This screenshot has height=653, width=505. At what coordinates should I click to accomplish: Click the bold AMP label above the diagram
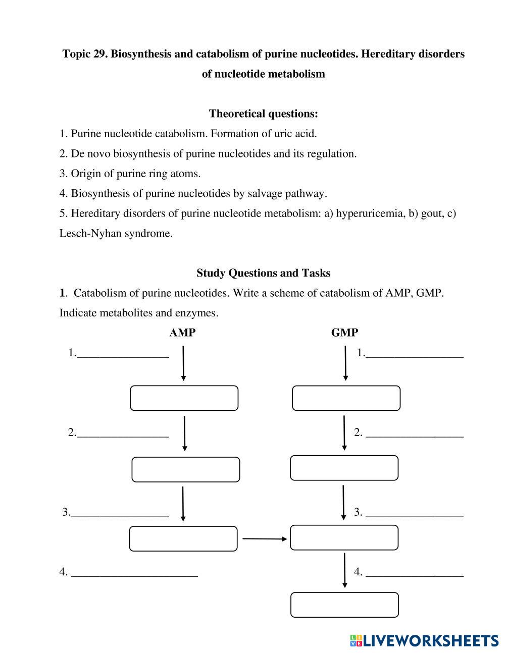pyautogui.click(x=182, y=333)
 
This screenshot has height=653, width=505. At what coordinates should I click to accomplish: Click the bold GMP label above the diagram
pyautogui.click(x=344, y=333)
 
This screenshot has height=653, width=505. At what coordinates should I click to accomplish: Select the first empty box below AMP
pyautogui.click(x=184, y=398)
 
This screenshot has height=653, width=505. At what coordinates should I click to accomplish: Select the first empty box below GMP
pyautogui.click(x=346, y=398)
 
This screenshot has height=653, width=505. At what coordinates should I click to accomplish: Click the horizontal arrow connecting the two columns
pyautogui.click(x=264, y=539)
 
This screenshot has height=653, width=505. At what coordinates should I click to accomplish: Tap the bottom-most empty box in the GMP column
pyautogui.click(x=344, y=605)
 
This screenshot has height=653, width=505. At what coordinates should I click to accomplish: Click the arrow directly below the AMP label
pyautogui.click(x=183, y=363)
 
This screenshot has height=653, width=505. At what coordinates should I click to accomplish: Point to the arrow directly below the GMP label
pyautogui.click(x=345, y=363)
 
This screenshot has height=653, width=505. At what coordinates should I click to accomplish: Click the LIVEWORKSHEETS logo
pyautogui.click(x=424, y=641)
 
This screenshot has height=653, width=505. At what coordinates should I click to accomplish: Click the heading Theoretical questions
pyautogui.click(x=263, y=114)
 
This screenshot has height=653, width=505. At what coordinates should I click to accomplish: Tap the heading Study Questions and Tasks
pyautogui.click(x=263, y=273)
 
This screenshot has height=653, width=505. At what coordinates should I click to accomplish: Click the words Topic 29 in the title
pyautogui.click(x=84, y=54)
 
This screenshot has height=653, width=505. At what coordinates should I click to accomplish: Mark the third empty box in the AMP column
pyautogui.click(x=183, y=538)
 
